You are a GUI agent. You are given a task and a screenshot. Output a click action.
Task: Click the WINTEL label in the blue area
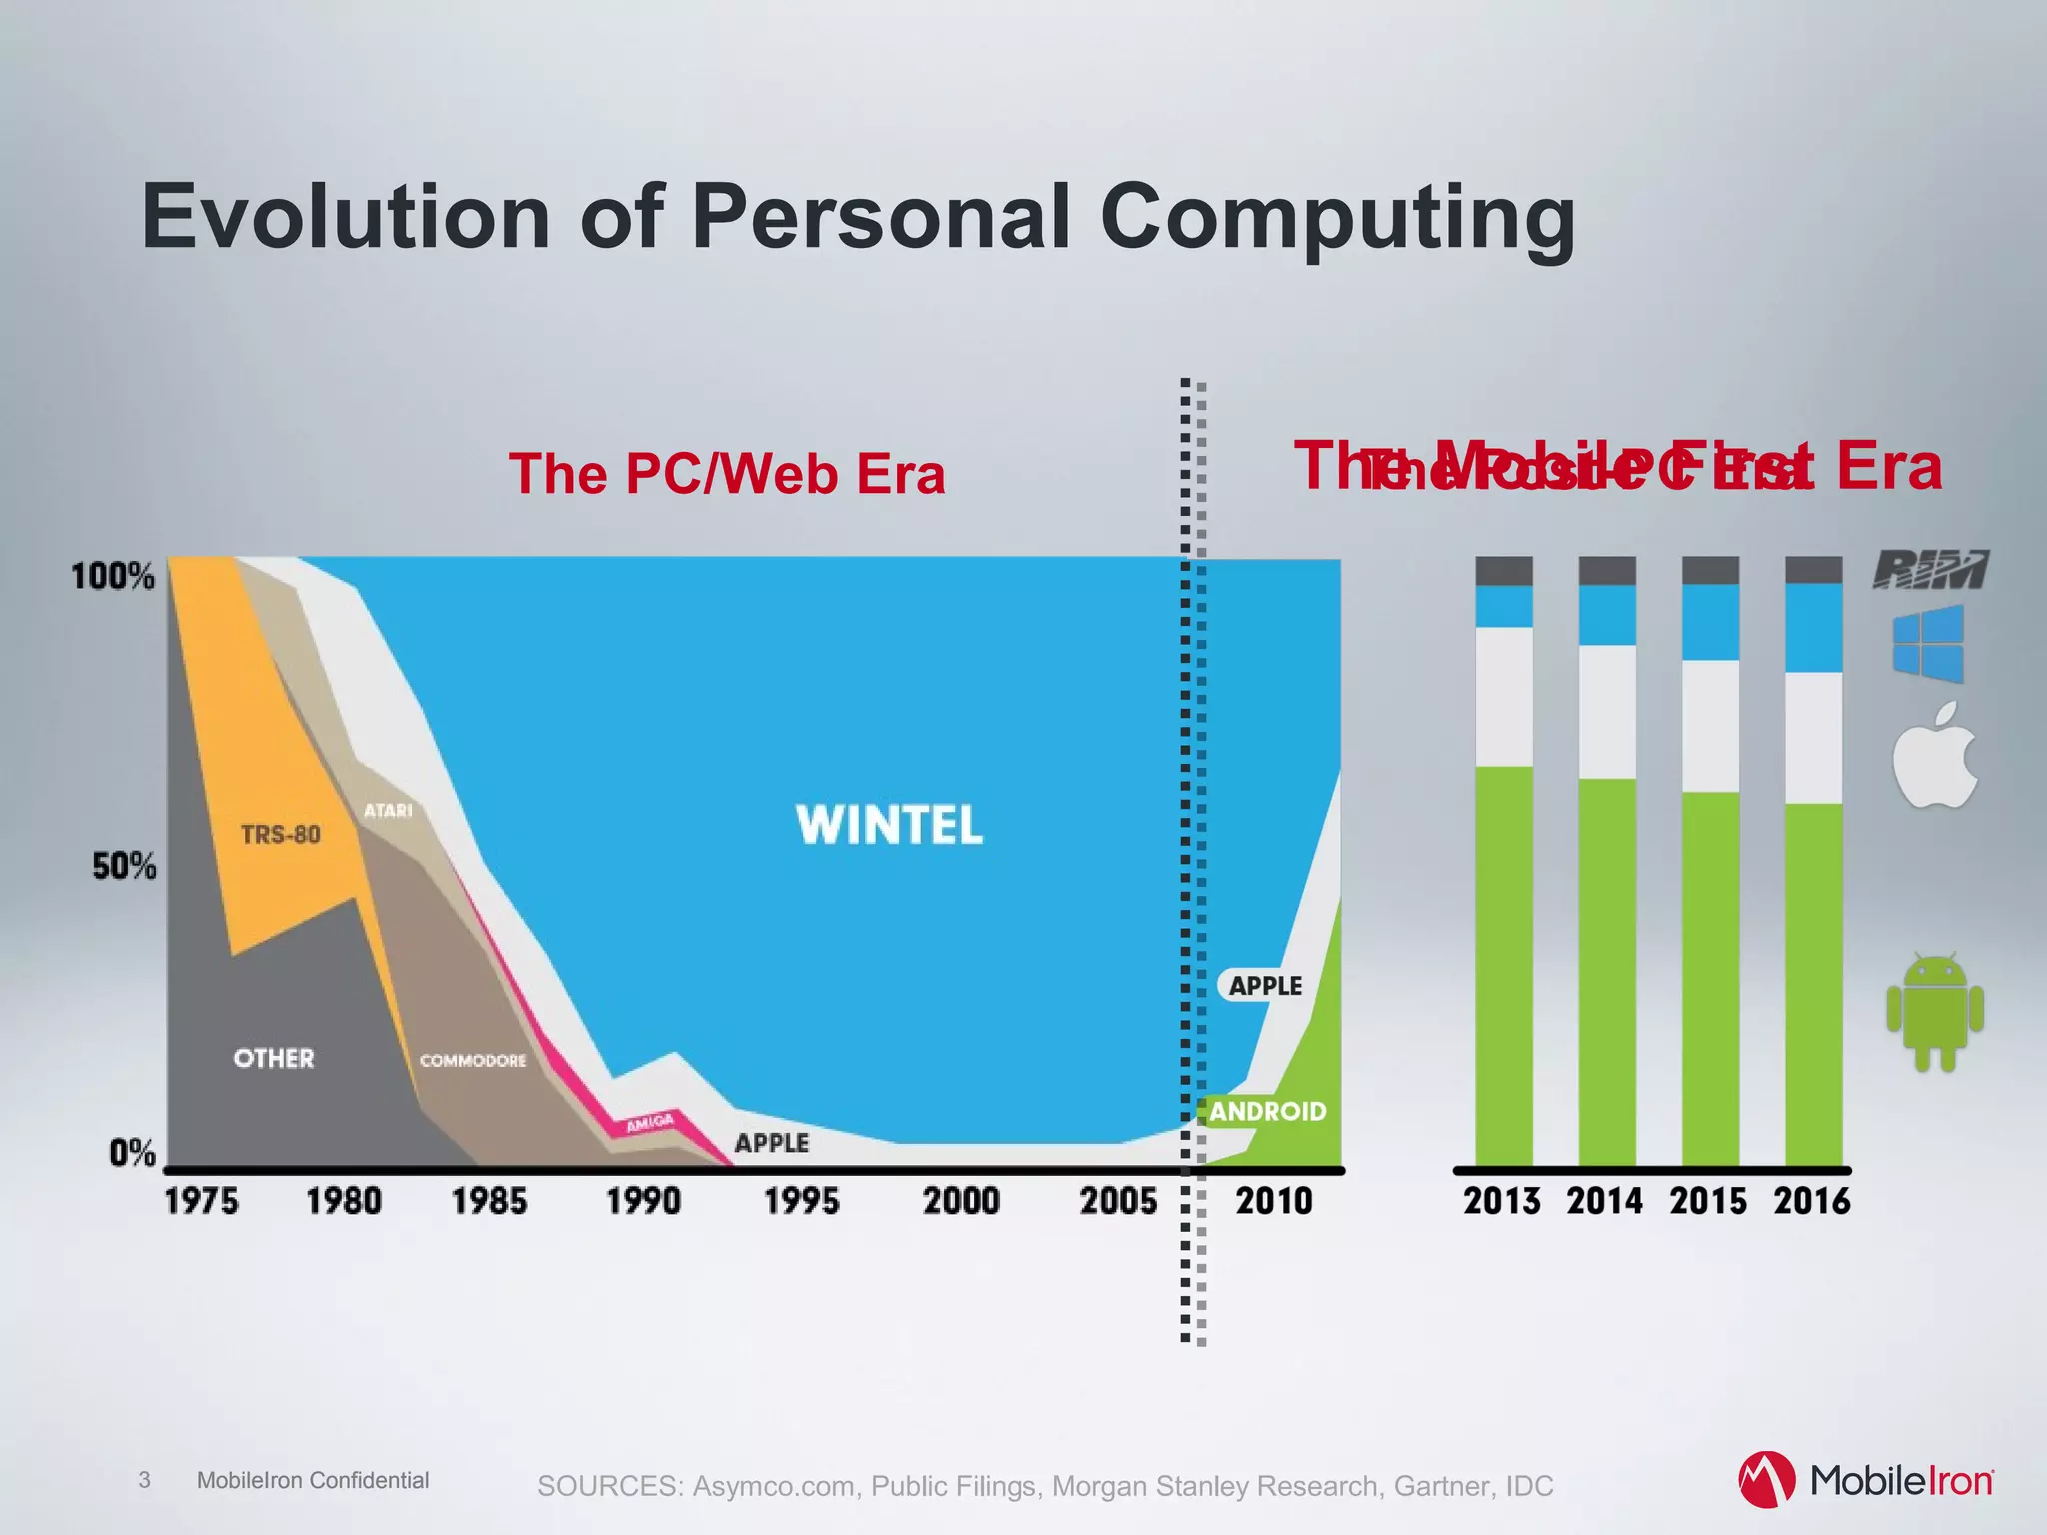click(x=889, y=825)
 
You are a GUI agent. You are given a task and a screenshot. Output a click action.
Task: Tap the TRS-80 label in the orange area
click(x=280, y=834)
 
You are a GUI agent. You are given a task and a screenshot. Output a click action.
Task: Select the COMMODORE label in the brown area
click(x=473, y=1060)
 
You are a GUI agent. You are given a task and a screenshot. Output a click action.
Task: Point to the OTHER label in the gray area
click(x=273, y=1058)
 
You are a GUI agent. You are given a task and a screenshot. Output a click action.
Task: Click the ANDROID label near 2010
click(x=1267, y=1111)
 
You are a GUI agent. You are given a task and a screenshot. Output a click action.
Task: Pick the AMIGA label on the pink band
click(x=650, y=1124)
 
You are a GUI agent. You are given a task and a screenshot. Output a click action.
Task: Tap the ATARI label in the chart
click(x=388, y=810)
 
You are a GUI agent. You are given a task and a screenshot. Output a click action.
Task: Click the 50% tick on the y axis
click(x=124, y=866)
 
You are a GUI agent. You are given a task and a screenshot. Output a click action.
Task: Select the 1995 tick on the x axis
click(x=801, y=1200)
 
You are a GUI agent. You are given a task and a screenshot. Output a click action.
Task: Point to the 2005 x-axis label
click(x=1118, y=1200)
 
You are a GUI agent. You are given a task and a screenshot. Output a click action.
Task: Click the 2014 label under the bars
click(x=1604, y=1200)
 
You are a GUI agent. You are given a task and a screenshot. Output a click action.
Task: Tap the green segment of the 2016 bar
click(x=1813, y=984)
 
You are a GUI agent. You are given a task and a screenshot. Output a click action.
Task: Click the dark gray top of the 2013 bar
click(x=1504, y=570)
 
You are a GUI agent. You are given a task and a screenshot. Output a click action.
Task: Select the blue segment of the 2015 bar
click(x=1710, y=622)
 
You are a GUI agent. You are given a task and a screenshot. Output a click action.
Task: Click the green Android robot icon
click(x=1935, y=1012)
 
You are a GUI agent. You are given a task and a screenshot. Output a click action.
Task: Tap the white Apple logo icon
click(x=1934, y=758)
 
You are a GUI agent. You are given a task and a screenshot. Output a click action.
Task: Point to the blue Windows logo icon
click(x=1928, y=643)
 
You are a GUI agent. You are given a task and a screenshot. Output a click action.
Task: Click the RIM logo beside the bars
click(x=1930, y=569)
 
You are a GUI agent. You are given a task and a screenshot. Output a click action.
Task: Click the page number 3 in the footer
click(x=144, y=1480)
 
